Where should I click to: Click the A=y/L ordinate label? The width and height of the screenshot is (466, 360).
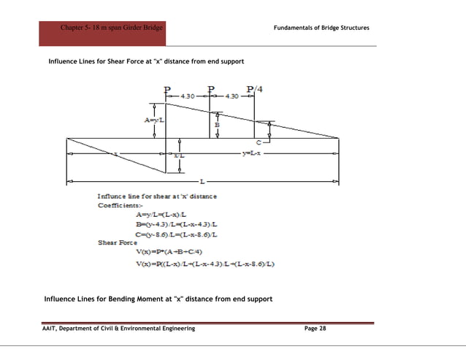tap(153, 119)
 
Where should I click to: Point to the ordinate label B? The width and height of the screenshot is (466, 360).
tap(217, 126)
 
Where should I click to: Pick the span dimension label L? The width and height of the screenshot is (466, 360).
tap(202, 179)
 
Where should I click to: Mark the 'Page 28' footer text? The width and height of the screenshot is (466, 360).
tap(316, 329)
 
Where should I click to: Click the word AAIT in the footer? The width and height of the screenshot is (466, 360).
tap(50, 329)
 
